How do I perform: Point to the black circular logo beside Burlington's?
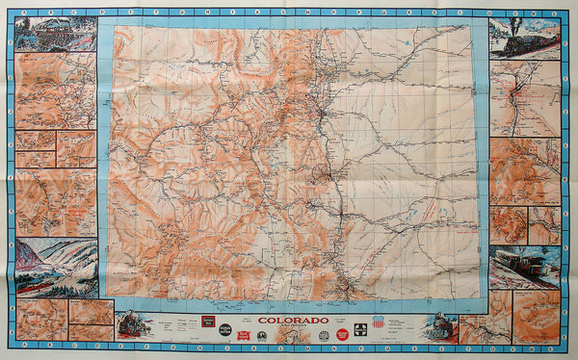[x=224, y=328]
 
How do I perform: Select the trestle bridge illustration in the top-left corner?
[x=55, y=34]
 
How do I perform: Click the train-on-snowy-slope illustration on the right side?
[x=523, y=267]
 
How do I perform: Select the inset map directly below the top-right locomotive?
[x=524, y=99]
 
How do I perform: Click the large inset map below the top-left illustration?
[x=55, y=91]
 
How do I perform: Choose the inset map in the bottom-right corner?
[x=536, y=318]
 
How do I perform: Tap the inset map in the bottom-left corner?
[x=41, y=319]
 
